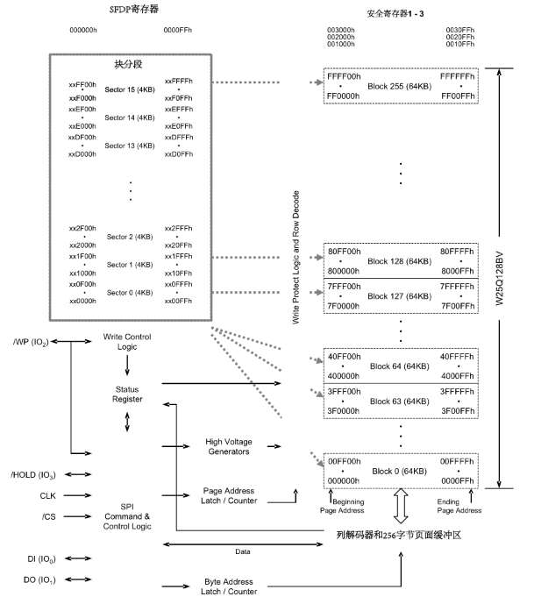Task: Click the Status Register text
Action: (x=128, y=394)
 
